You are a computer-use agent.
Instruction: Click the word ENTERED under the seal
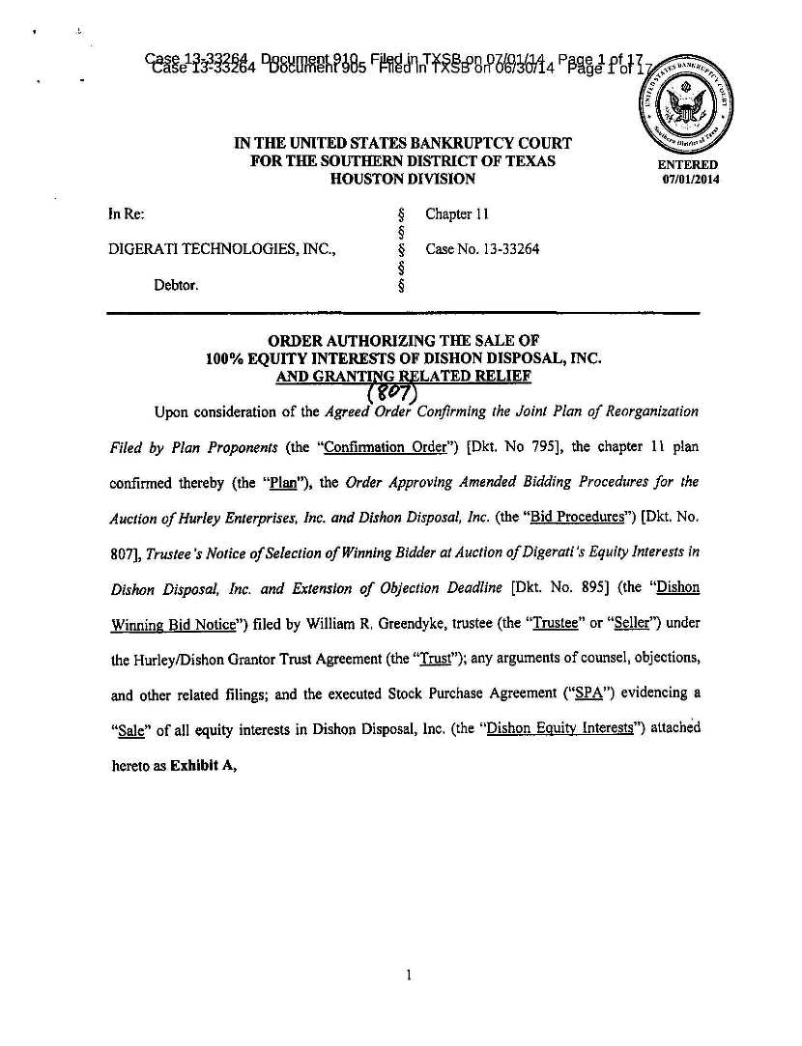click(x=688, y=165)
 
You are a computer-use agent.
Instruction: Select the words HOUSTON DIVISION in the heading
click(x=403, y=179)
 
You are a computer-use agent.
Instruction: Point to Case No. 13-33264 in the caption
click(x=482, y=249)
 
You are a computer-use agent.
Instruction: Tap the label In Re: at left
click(x=127, y=213)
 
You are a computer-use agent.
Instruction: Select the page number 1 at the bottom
click(x=409, y=975)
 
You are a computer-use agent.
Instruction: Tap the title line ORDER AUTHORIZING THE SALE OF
click(x=403, y=340)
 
